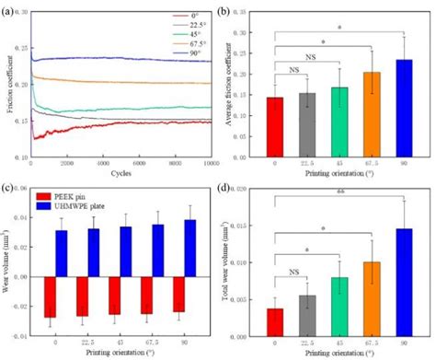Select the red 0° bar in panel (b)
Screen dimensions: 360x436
pyautogui.click(x=274, y=123)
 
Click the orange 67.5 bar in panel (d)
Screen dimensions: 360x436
pyautogui.click(x=371, y=295)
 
